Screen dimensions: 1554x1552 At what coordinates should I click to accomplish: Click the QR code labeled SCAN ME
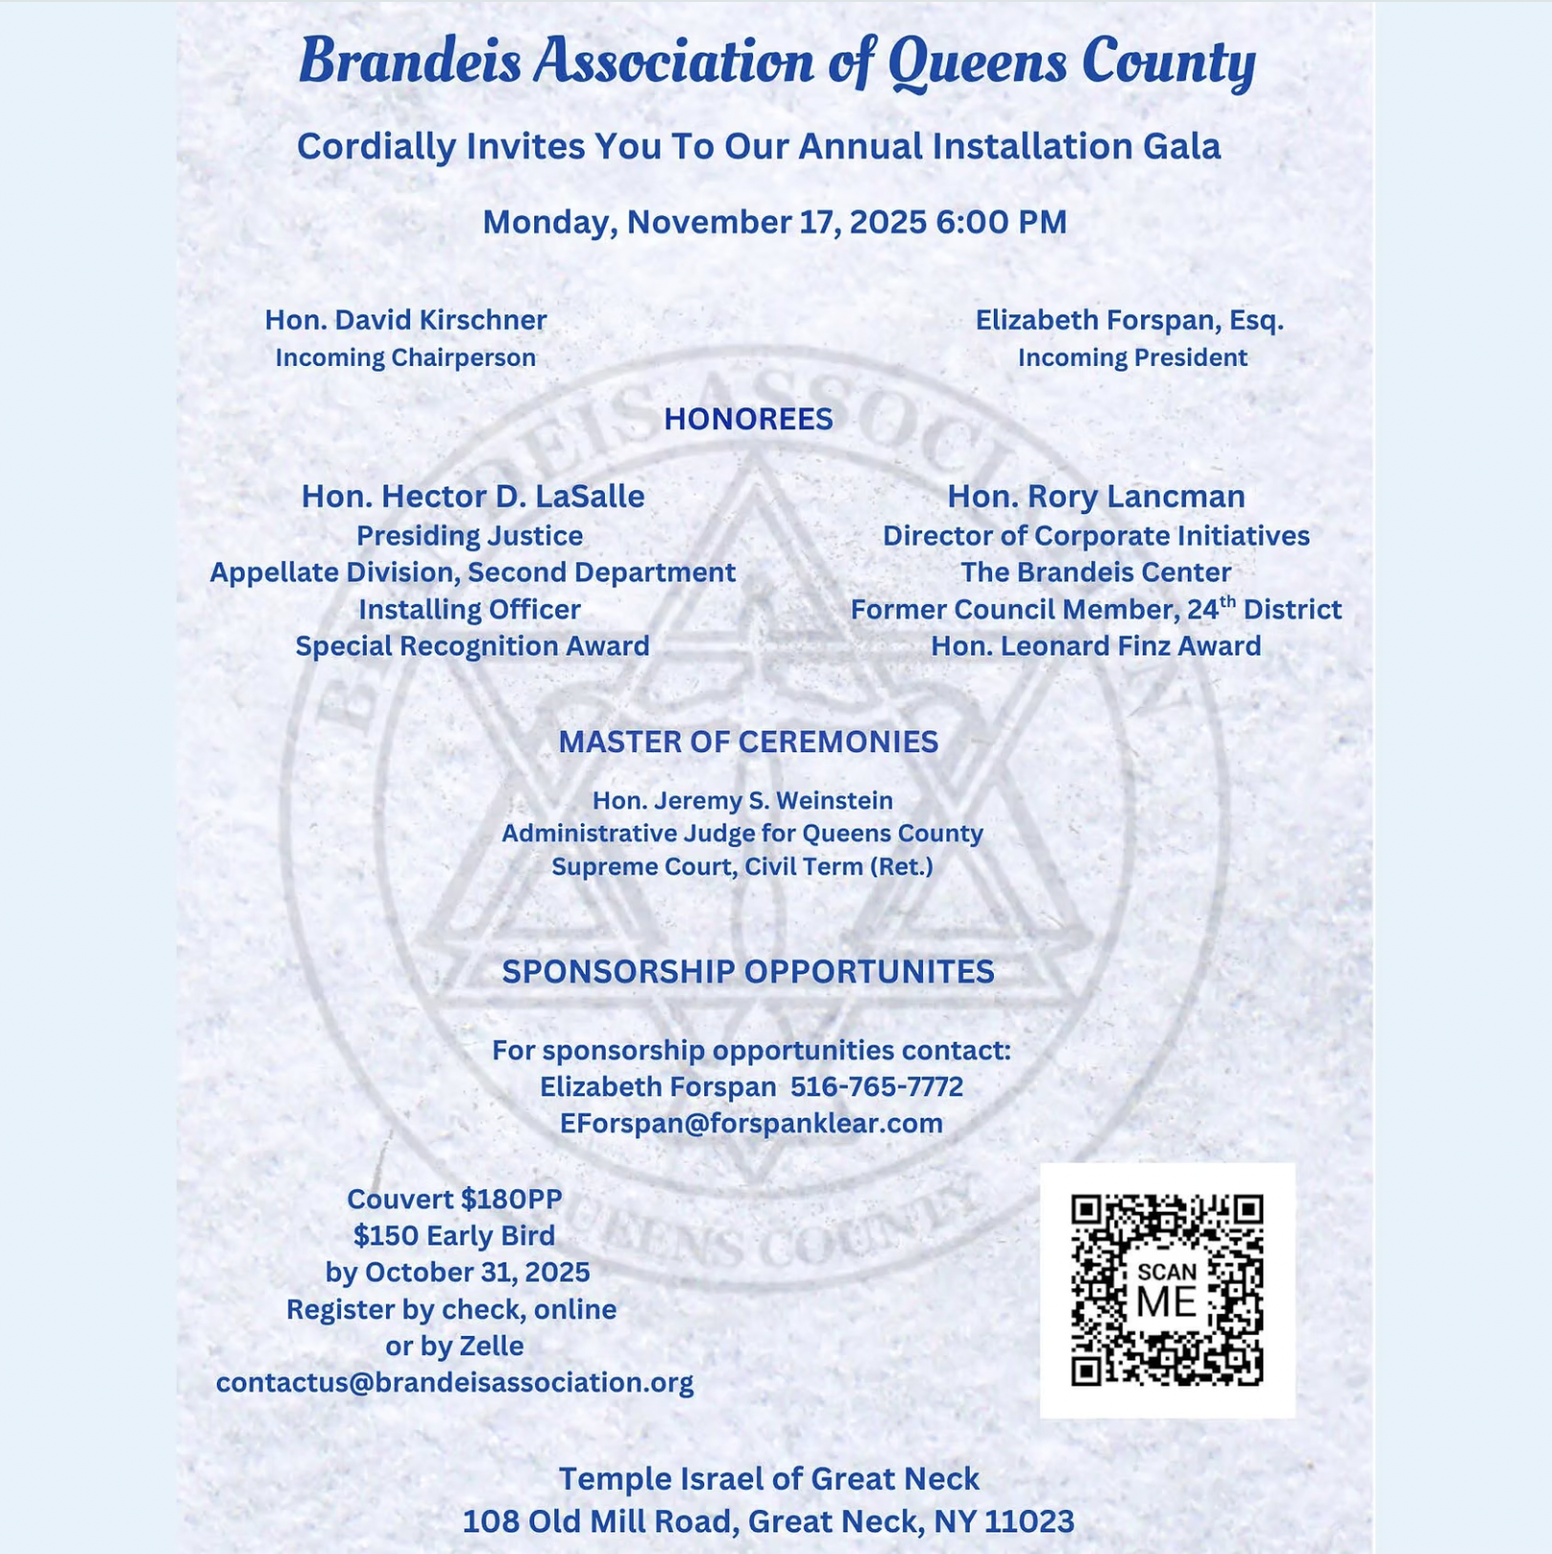click(1167, 1289)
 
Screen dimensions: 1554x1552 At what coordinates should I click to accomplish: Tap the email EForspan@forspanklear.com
click(751, 1123)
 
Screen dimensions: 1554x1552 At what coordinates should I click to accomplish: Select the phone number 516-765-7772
click(876, 1087)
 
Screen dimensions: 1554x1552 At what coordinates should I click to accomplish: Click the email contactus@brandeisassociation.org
click(455, 1383)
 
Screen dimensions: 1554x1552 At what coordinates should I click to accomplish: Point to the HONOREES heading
click(748, 420)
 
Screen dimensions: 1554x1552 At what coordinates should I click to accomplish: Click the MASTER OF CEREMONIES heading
click(748, 742)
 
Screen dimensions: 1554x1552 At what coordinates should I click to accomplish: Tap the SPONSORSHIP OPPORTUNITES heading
click(748, 972)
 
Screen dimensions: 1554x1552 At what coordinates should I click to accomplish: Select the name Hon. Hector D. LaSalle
click(473, 497)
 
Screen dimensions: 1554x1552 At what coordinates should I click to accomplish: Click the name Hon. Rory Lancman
click(1096, 497)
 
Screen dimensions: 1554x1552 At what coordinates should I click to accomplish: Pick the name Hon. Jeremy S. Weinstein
click(743, 801)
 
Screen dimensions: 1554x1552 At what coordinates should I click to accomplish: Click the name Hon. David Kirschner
click(405, 320)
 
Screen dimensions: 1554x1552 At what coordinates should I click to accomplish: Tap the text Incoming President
click(1132, 358)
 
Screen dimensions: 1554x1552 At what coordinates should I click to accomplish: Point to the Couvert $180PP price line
click(454, 1199)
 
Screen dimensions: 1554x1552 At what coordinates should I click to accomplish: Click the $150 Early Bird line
click(454, 1236)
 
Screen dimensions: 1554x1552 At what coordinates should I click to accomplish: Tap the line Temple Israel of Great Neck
click(768, 1478)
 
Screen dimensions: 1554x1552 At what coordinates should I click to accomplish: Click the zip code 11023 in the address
click(1029, 1522)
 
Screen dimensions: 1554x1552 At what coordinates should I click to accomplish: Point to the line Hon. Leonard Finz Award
click(1096, 646)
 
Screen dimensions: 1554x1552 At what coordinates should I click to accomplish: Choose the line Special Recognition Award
click(472, 646)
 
